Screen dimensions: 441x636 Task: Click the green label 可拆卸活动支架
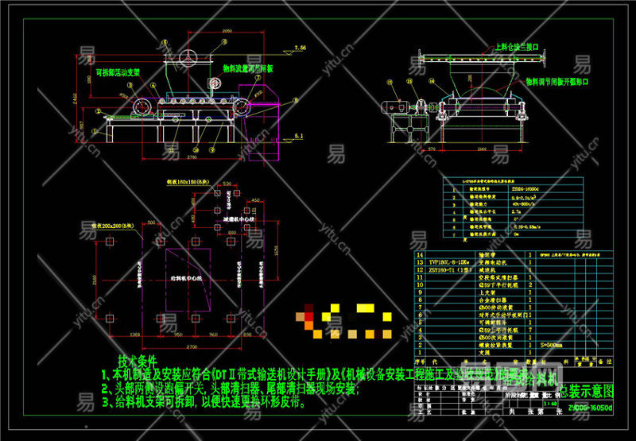point(118,72)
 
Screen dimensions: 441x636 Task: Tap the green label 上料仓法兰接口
point(517,47)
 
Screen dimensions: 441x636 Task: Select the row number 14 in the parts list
point(421,252)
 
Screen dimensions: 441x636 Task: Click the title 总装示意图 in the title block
point(587,392)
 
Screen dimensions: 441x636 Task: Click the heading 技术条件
point(138,359)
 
